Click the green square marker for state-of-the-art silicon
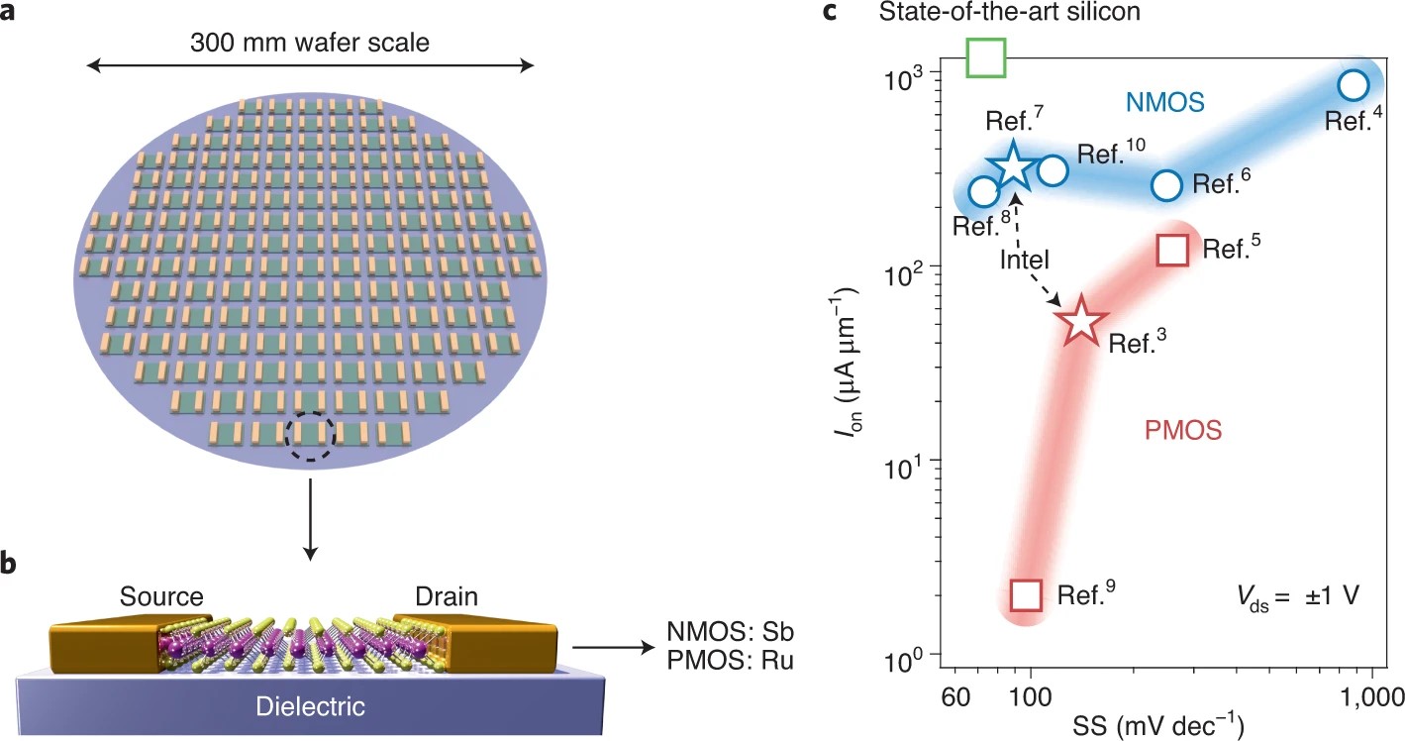point(986,56)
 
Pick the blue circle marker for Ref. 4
point(1354,85)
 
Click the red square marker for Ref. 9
point(1026,594)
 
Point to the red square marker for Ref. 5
point(1172,250)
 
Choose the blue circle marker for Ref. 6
point(1167,184)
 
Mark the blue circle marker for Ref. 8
point(983,192)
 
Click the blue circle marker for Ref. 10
point(1054,170)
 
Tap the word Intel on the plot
point(1024,259)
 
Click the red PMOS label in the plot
point(1183,430)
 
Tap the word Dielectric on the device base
point(310,706)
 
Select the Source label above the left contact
point(161,597)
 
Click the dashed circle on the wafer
point(311,435)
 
